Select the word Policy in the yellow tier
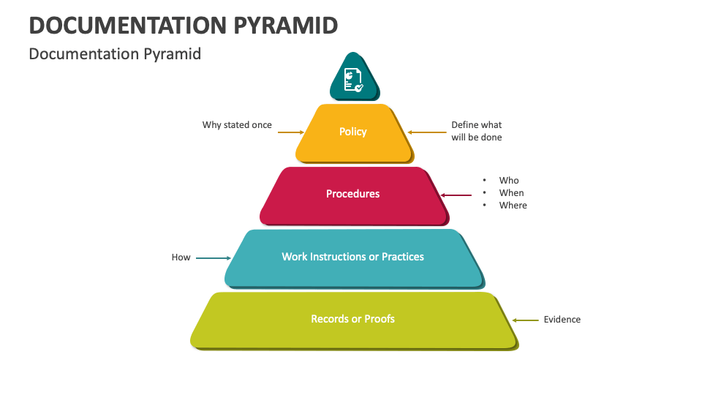coord(353,132)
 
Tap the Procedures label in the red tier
coord(353,194)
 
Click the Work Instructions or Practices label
coord(353,257)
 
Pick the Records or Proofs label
coord(353,319)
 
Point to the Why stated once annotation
coord(237,125)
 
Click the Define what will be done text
coord(477,131)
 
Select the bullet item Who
coord(509,181)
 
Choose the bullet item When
coord(512,193)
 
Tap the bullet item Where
coord(513,206)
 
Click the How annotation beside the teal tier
coord(181,257)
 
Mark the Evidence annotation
coord(562,320)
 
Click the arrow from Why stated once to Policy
coord(290,132)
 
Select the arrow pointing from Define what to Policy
coord(426,132)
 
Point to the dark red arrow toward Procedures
coord(456,195)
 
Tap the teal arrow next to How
coord(214,257)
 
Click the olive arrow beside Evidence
coord(525,320)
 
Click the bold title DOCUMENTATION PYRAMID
coord(184,26)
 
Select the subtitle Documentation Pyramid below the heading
coord(115,54)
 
